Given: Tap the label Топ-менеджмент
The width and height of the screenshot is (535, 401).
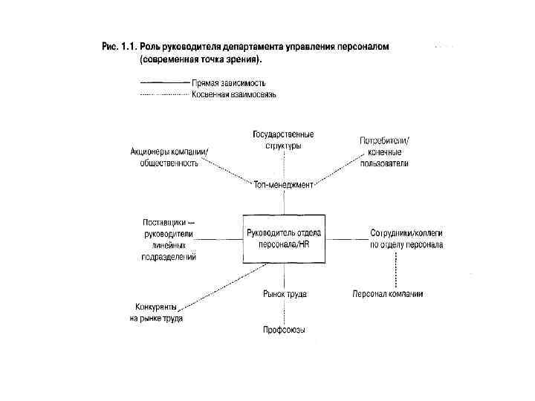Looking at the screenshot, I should [283, 185].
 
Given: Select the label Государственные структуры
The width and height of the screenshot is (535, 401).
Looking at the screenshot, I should [283, 140].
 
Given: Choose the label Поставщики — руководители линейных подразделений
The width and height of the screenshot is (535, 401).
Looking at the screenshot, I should [169, 239].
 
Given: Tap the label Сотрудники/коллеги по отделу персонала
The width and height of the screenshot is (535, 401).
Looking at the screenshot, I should [406, 238].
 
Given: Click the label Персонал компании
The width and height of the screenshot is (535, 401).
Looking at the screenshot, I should [388, 294].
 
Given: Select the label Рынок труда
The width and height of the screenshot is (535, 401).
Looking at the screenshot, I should [285, 294].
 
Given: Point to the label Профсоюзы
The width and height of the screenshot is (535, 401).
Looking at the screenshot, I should [284, 330].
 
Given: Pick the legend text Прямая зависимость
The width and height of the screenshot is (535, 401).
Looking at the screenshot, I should [228, 82].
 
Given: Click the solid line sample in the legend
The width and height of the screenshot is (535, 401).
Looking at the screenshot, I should [164, 82].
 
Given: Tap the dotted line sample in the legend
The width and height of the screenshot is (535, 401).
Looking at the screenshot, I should [164, 94].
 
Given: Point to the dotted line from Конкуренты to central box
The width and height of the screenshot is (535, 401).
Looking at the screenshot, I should [216, 285].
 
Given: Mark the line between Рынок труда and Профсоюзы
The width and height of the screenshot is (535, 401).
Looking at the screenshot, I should [283, 312].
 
